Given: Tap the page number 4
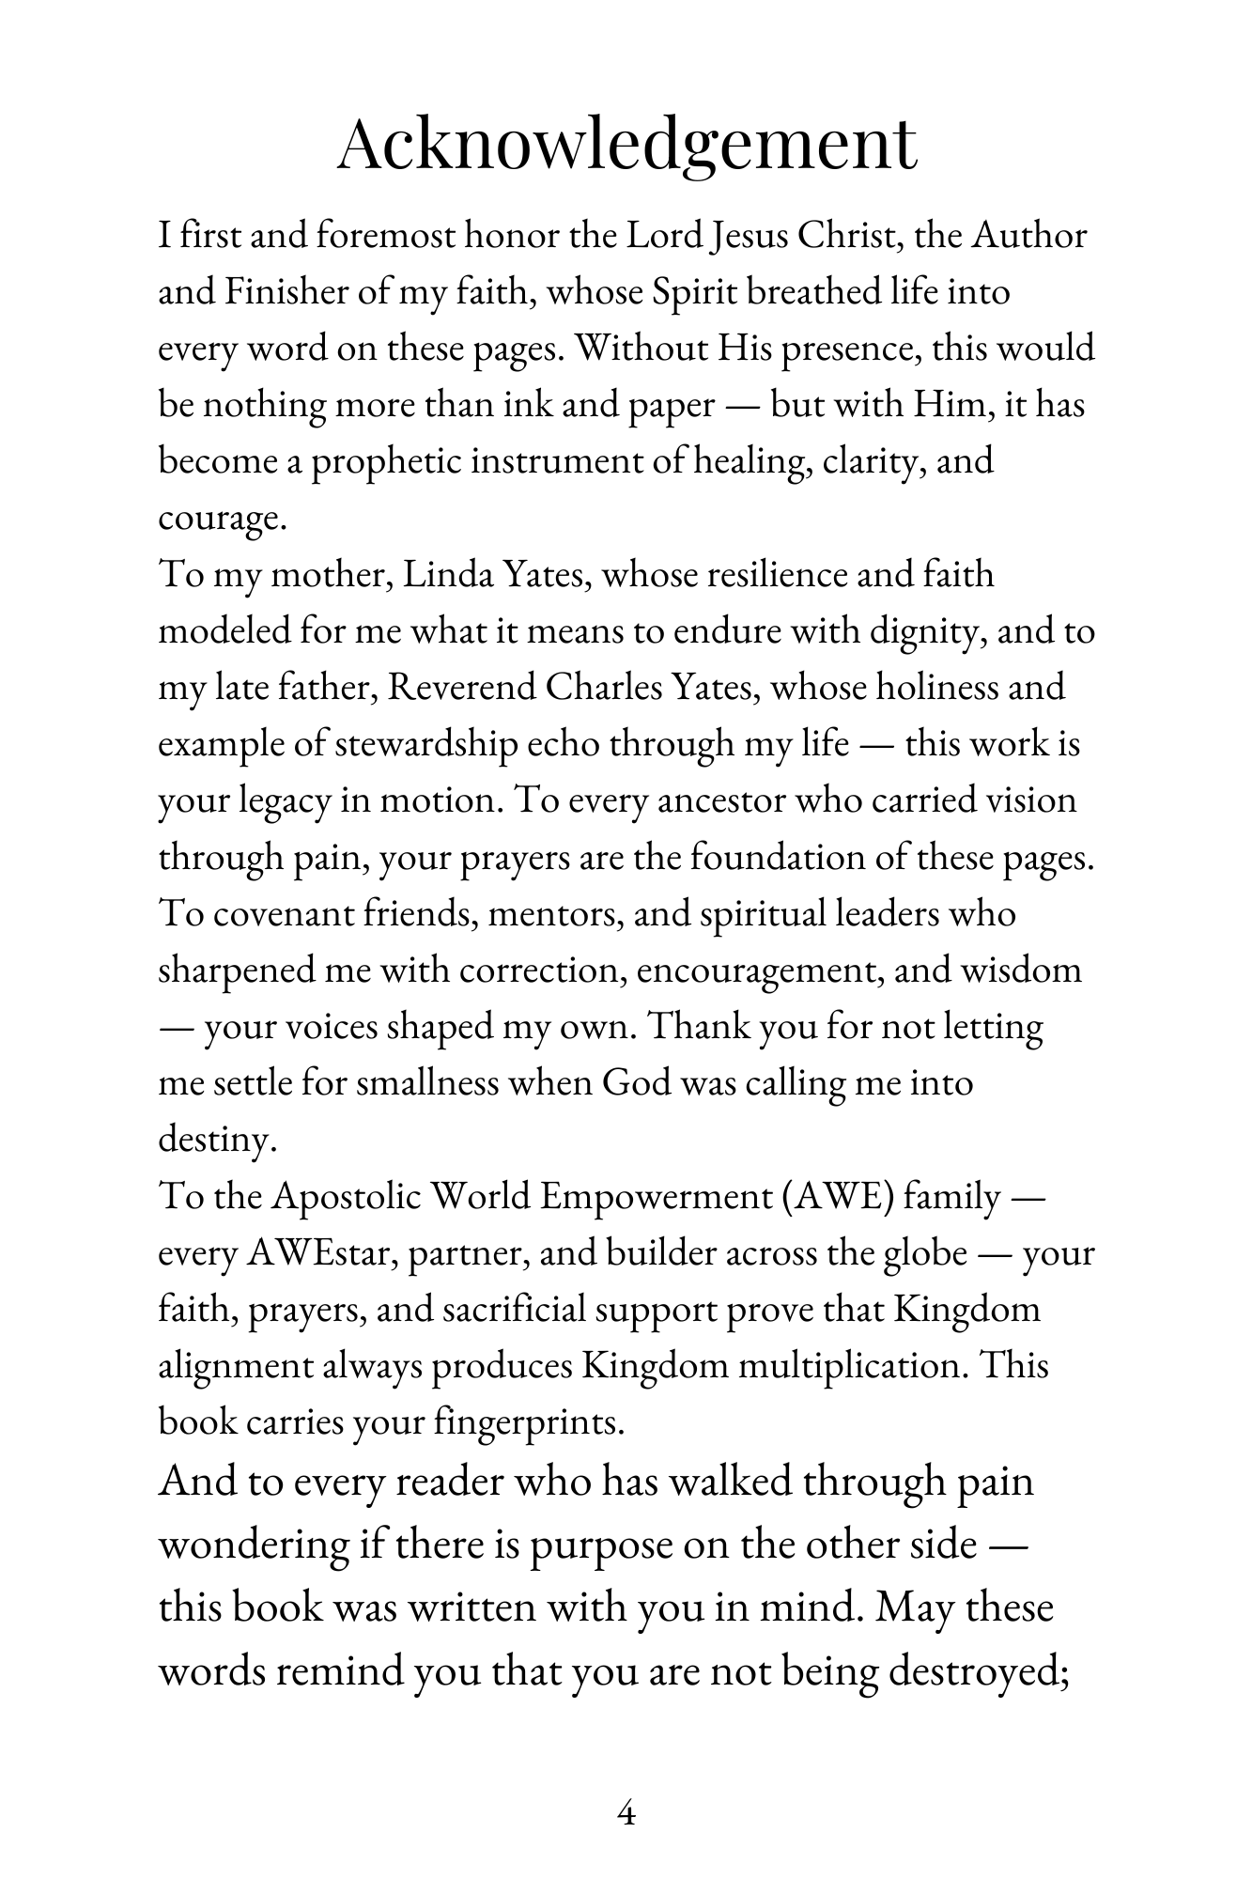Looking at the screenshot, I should tap(626, 1812).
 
